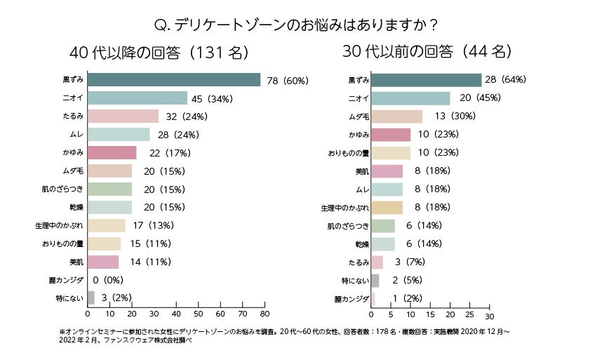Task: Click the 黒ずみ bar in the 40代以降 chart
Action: pyautogui.click(x=174, y=80)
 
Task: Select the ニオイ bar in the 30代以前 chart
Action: pyautogui.click(x=410, y=98)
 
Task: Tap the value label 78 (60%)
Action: pyautogui.click(x=288, y=81)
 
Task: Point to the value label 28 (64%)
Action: pyautogui.click(x=507, y=79)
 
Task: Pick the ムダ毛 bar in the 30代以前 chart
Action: pyautogui.click(x=396, y=116)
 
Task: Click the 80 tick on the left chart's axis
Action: pyautogui.click(x=265, y=314)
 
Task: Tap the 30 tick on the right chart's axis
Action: pyautogui.click(x=490, y=316)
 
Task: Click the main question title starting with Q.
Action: pyautogui.click(x=297, y=25)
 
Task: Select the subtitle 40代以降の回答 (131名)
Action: pyautogui.click(x=159, y=53)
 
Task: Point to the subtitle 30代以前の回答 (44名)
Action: pyautogui.click(x=427, y=51)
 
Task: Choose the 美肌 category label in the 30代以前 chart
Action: pyautogui.click(x=359, y=171)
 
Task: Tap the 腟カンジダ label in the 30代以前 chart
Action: pyautogui.click(x=352, y=299)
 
